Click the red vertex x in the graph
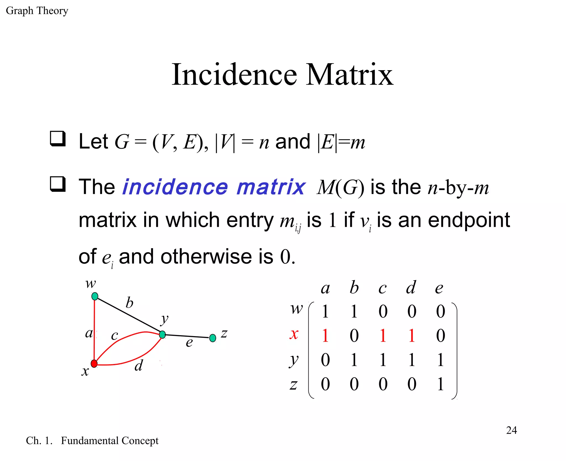point(94,363)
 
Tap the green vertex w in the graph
point(95,296)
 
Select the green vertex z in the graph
point(213,338)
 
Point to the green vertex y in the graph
point(163,334)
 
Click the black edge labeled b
point(129,315)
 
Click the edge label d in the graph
point(139,365)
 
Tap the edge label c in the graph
point(114,336)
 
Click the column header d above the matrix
point(411,287)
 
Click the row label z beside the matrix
point(294,384)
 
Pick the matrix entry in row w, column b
point(354,311)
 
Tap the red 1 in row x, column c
point(383,336)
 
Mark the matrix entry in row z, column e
point(441,384)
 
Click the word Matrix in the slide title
point(350,75)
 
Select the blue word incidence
point(175,187)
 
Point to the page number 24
point(511,430)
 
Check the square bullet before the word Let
point(58,138)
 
